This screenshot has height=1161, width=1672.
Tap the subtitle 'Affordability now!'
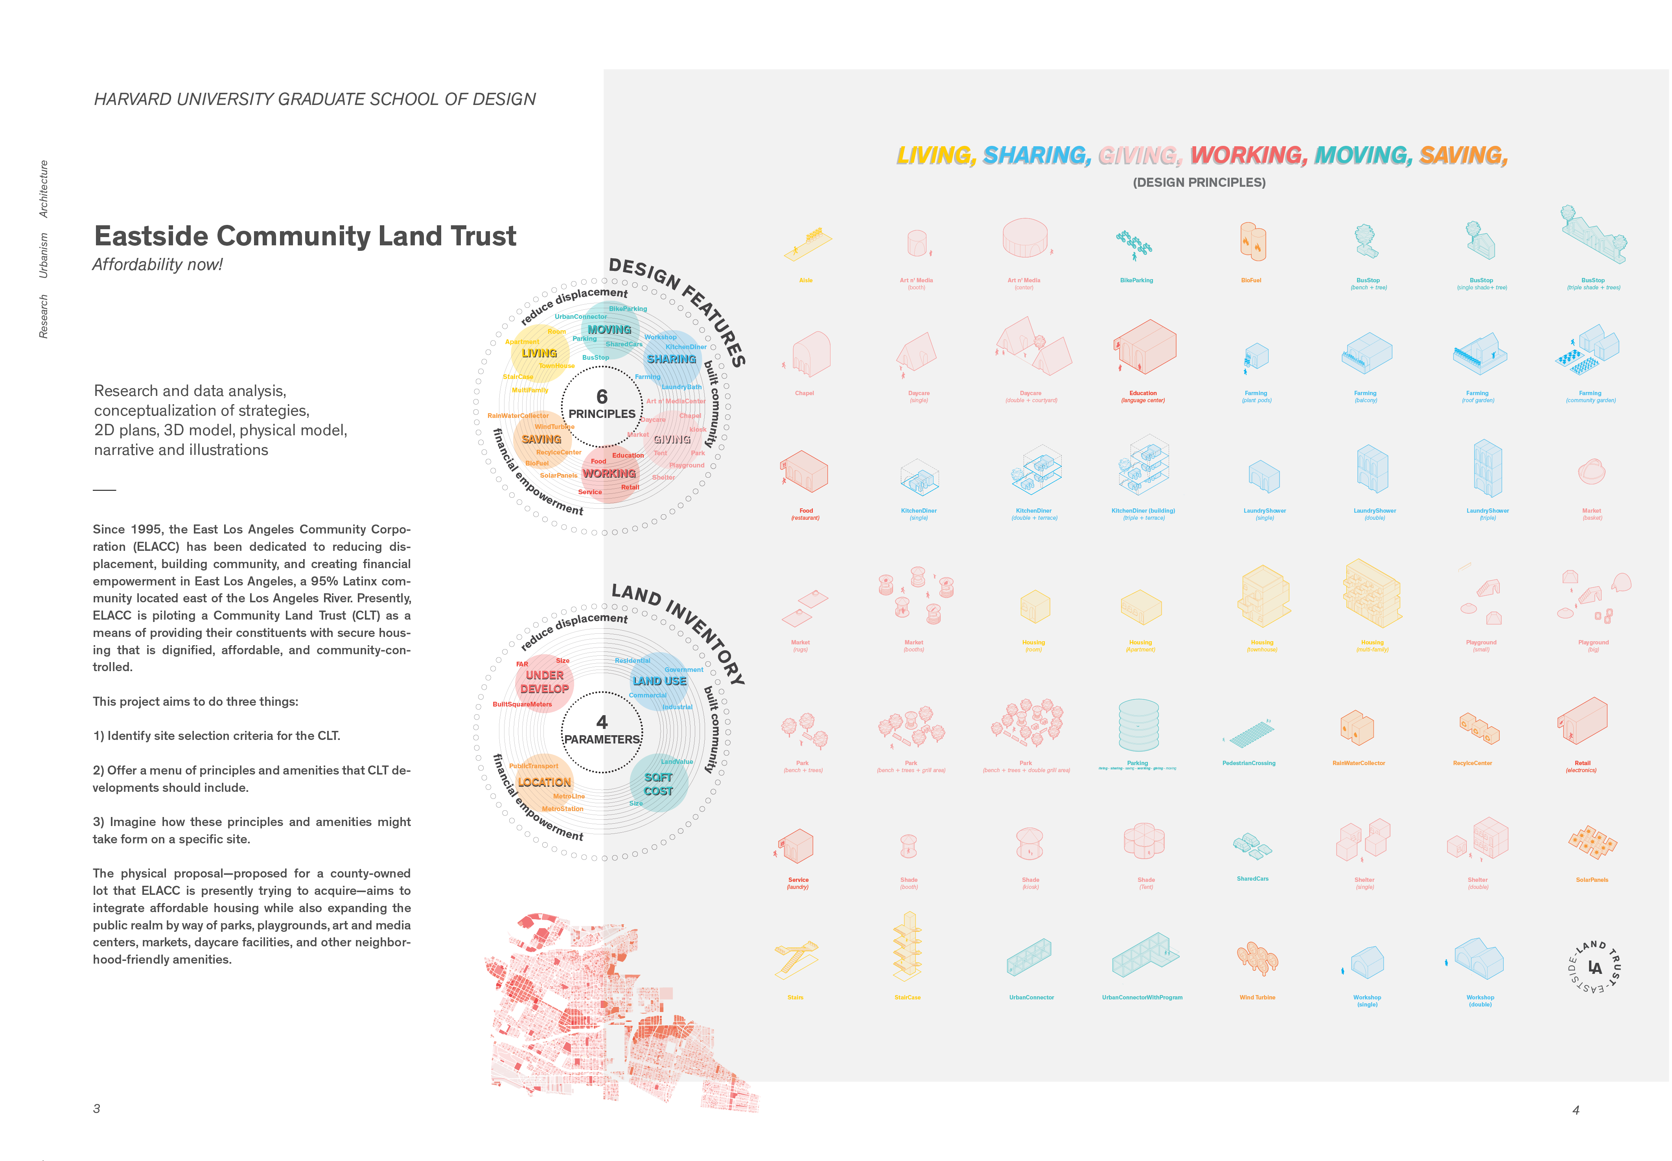[157, 265]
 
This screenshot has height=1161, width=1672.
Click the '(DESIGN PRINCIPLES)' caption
[1198, 182]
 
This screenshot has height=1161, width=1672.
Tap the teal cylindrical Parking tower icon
[1138, 725]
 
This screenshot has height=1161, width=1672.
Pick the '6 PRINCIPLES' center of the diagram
[602, 405]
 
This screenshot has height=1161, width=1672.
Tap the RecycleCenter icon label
[1472, 763]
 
